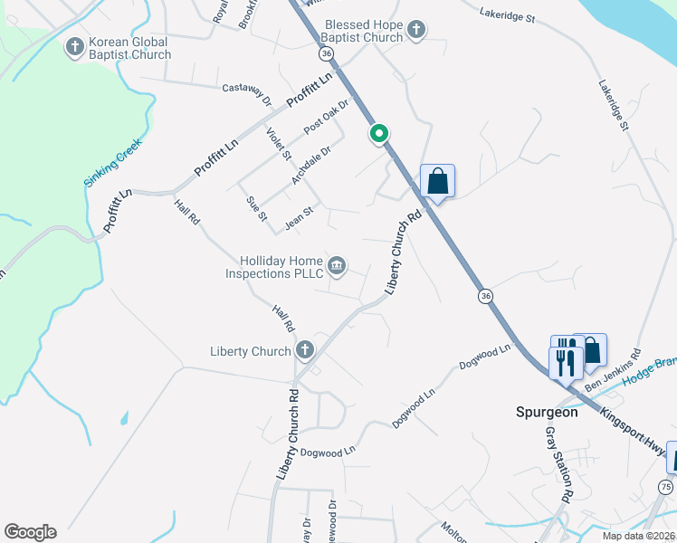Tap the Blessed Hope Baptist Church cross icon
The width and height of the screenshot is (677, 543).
coord(415,30)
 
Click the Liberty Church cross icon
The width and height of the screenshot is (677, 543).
coord(305,349)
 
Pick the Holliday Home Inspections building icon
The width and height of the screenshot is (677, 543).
coord(337,264)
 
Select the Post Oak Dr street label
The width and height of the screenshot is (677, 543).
coord(326,117)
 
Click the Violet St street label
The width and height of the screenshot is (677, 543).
coord(279,144)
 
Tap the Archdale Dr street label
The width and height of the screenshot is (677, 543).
coord(311,166)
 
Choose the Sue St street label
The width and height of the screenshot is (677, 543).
coord(258,207)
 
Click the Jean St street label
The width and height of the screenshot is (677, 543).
coord(299,215)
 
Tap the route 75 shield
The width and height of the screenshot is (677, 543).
coord(665,488)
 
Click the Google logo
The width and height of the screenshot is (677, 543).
coord(30,532)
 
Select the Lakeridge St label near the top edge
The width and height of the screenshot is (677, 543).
coord(508,15)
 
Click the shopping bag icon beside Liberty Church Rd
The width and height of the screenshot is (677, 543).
coord(437,180)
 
